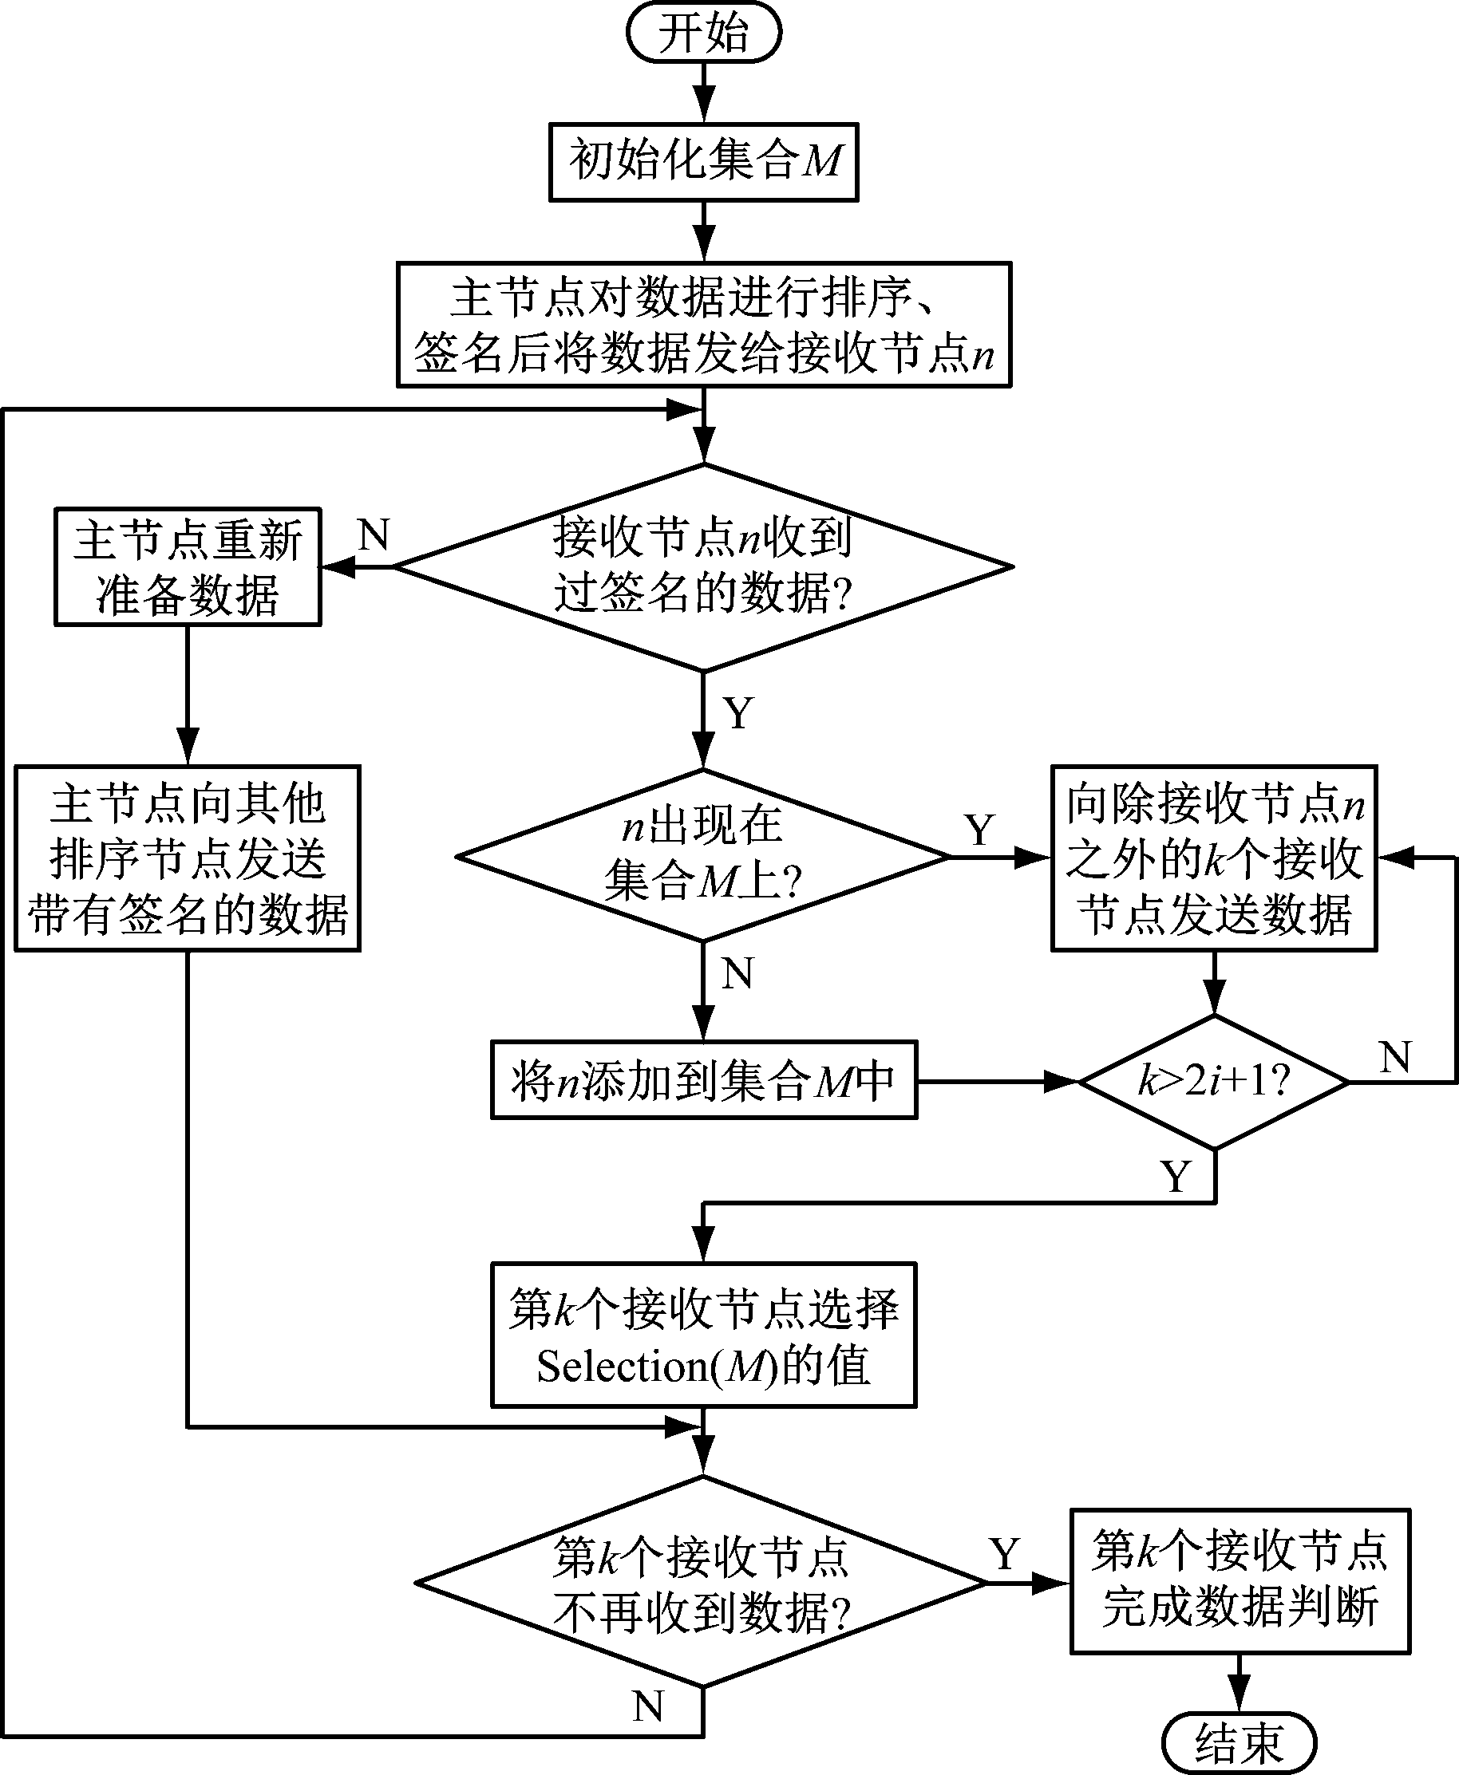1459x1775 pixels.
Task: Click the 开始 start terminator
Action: pos(703,34)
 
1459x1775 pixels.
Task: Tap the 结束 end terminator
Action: pos(1238,1743)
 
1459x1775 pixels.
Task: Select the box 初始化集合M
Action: pos(703,162)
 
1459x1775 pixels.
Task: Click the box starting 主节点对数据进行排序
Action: pos(703,324)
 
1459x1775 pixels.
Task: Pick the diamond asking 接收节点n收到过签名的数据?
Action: pos(703,567)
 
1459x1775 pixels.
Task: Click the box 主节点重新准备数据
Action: pos(188,567)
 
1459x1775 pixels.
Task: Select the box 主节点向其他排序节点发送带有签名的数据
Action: pos(188,858)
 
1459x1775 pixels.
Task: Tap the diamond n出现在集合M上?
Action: pos(703,856)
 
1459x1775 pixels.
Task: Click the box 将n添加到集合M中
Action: pos(703,1080)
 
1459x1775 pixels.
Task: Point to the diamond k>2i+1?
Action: pos(1214,1082)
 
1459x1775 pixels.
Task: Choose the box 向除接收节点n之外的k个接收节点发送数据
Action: pos(1214,858)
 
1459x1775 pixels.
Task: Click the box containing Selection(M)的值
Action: pos(703,1335)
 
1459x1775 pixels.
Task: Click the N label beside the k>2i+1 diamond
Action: pos(1396,1057)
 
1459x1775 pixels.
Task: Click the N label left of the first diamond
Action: pos(374,534)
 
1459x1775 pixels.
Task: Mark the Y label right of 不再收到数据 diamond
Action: pos(1005,1554)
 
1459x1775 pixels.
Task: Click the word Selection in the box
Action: pos(623,1367)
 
